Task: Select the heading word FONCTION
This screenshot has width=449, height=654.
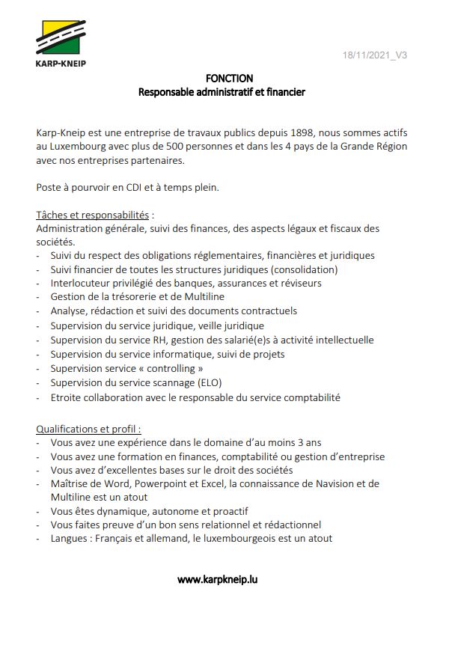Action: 229,78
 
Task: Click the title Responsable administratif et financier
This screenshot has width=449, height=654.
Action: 222,92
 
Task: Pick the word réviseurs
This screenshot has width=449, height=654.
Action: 299,283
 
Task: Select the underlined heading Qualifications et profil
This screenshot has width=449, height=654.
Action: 88,429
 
